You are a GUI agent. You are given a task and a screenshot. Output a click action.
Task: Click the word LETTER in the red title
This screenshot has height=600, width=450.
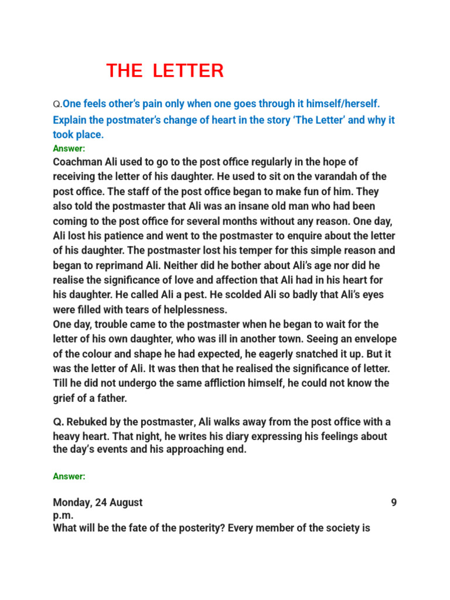point(188,71)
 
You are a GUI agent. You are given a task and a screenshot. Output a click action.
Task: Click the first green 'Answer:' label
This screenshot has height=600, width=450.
point(69,149)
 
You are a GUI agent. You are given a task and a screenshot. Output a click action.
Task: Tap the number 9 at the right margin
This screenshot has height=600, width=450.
point(394,502)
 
